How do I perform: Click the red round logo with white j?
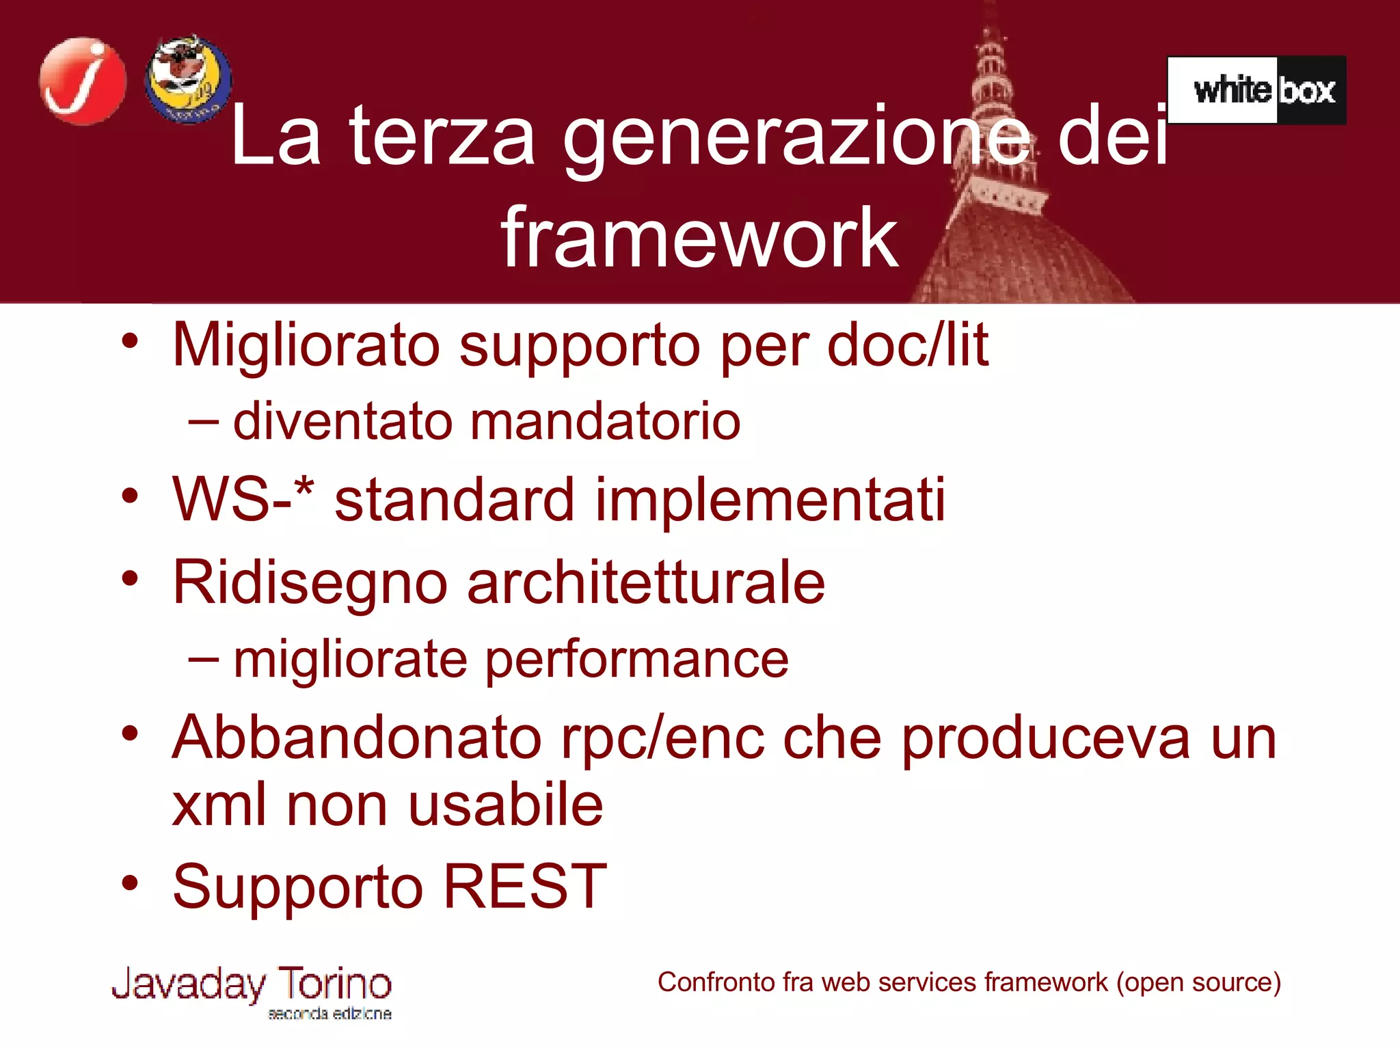tap(83, 81)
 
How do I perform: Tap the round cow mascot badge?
tap(188, 79)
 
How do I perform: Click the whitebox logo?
tap(1256, 90)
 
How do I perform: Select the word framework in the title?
tap(699, 238)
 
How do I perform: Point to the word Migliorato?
tap(306, 346)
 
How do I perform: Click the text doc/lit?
tap(908, 345)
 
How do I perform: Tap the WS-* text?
tap(243, 500)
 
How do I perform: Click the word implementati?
tap(770, 500)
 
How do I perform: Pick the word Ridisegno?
tap(310, 583)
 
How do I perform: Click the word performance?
tap(637, 660)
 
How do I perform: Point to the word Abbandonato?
tap(356, 738)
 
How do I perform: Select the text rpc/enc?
tap(662, 738)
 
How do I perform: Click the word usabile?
tap(506, 805)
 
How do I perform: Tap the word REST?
tap(525, 887)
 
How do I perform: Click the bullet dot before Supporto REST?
tap(130, 883)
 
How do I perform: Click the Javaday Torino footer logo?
tap(252, 991)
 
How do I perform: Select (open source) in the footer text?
tap(1198, 982)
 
